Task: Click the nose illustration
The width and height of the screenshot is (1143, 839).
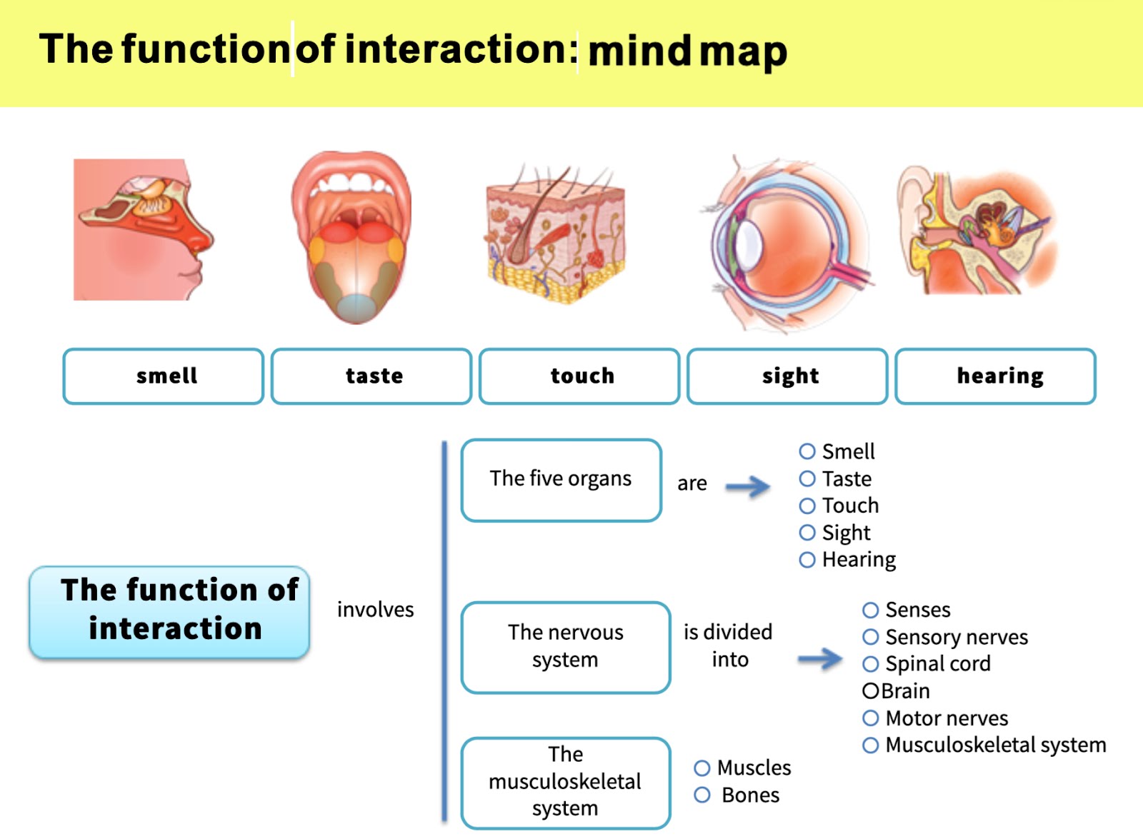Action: click(143, 228)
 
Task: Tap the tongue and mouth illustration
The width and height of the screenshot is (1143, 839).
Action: click(351, 236)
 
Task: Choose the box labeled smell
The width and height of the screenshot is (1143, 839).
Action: click(164, 376)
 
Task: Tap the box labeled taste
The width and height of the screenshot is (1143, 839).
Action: click(371, 376)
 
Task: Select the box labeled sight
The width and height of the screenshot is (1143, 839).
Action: click(787, 376)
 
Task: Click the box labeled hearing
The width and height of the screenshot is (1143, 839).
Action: click(995, 376)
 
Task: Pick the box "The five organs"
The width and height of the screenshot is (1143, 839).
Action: click(561, 480)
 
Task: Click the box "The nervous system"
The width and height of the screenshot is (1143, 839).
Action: click(566, 647)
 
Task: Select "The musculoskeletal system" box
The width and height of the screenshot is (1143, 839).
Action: click(566, 783)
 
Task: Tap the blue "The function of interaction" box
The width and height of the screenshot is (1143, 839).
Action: click(169, 611)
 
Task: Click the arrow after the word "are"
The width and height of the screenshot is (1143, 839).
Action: click(748, 487)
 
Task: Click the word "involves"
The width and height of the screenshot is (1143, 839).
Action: click(375, 610)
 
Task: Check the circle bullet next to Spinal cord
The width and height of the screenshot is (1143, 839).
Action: click(870, 664)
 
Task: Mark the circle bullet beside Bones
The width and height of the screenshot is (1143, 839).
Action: click(702, 795)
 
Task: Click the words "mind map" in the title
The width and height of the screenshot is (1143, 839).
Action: click(687, 51)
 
